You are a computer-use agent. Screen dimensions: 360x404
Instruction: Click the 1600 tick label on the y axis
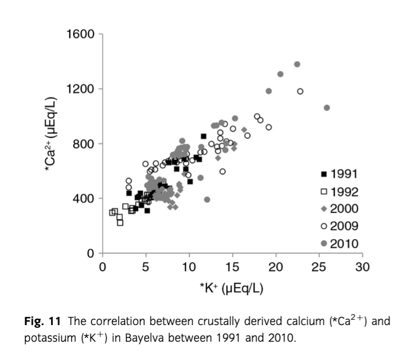(x=81, y=34)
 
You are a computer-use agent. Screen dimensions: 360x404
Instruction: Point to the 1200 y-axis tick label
(x=81, y=89)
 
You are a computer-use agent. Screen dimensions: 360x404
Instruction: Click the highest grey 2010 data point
(x=297, y=64)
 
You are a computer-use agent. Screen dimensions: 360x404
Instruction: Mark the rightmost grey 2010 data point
(x=327, y=107)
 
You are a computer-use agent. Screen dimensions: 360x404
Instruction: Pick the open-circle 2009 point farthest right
(x=300, y=91)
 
